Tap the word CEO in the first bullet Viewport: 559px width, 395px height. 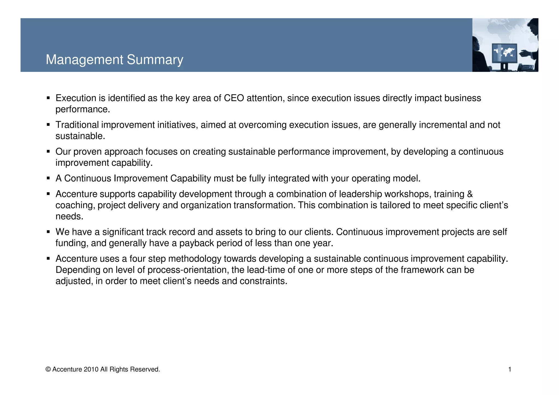234,98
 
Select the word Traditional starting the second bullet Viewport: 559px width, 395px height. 77,125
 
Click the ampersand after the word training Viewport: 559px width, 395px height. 469,194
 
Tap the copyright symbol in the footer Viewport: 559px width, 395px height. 48,369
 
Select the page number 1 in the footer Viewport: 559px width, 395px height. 510,369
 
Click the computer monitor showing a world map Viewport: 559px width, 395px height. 504,54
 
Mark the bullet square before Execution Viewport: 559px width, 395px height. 48,98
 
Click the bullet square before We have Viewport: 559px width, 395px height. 48,231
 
